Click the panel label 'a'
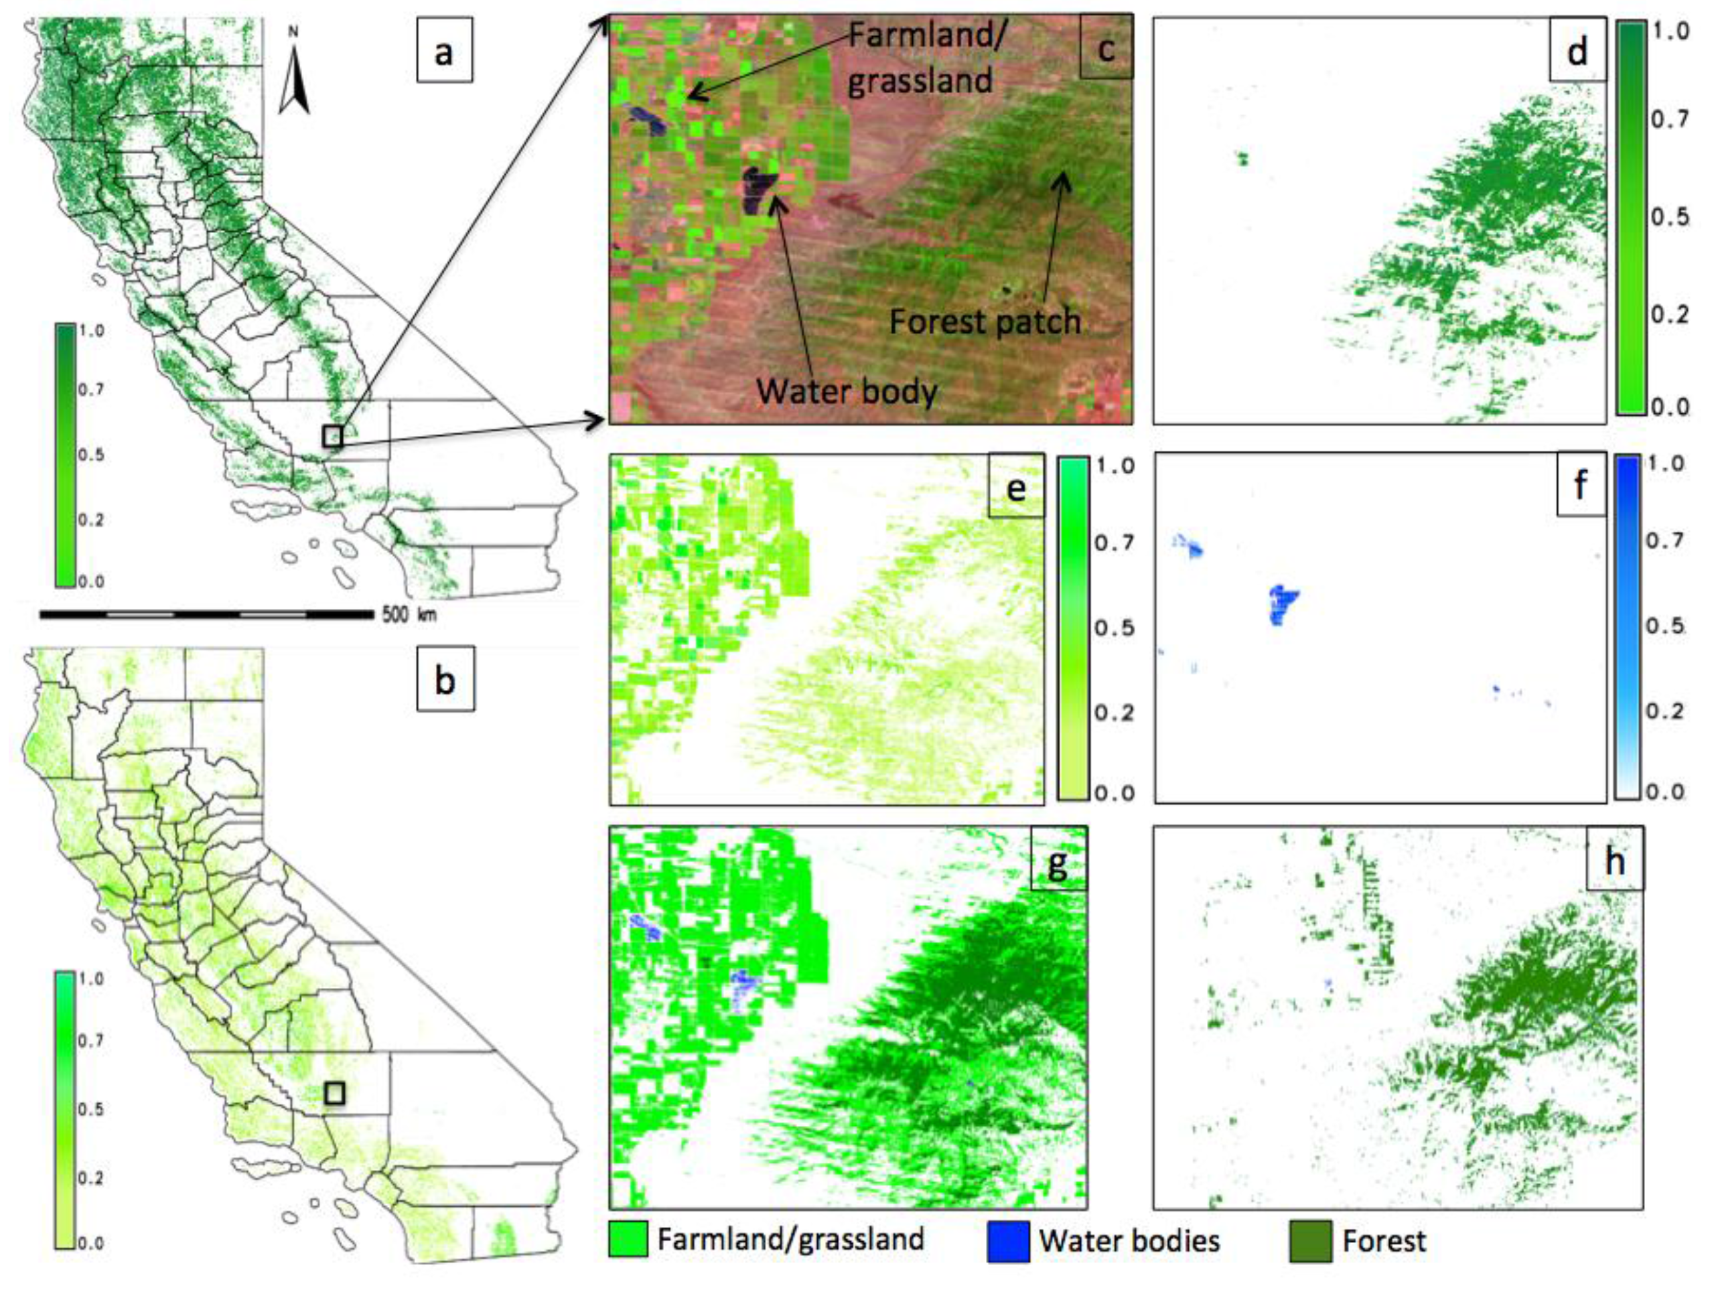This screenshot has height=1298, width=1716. pos(444,53)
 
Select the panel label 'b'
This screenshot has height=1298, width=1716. pos(445,681)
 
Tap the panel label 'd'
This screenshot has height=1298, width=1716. pos(1577,51)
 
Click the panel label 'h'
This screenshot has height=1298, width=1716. pos(1614,861)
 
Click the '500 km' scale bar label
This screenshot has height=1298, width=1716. pos(409,614)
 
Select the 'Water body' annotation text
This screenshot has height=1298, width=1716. pos(847,391)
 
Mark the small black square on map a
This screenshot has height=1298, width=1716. pos(333,436)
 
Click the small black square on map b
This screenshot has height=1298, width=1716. pos(334,1092)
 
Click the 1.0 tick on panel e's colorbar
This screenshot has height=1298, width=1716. pos(1114,466)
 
